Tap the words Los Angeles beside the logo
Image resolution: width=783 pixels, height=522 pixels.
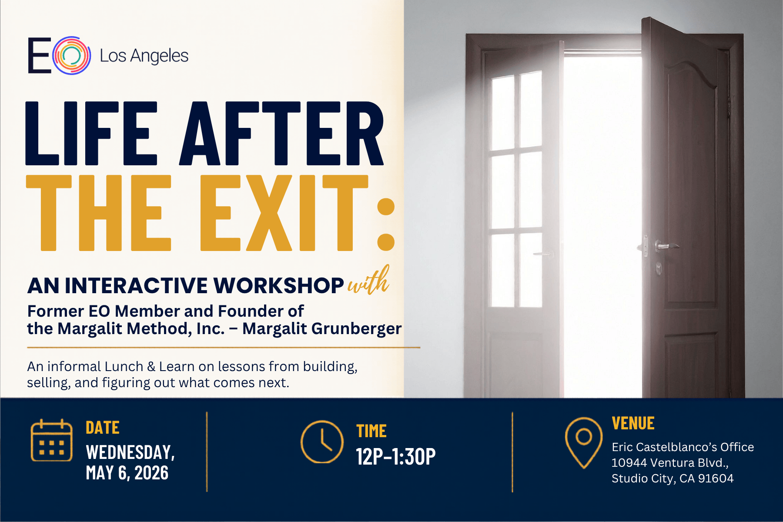144,56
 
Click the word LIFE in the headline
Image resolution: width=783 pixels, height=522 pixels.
91,133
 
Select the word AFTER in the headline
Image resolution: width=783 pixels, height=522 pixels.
282,133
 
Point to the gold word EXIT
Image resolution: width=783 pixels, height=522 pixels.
284,213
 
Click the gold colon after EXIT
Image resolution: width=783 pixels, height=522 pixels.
386,224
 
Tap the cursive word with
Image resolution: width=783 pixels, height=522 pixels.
368,281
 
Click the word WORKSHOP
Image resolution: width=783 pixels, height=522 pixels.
278,286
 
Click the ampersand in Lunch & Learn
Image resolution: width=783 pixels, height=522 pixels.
151,367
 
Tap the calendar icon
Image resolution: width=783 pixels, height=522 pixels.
51,440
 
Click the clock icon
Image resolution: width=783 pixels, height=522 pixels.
322,442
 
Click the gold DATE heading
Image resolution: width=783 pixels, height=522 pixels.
103,428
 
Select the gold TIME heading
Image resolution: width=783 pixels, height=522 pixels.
371,431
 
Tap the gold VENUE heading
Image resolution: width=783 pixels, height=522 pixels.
633,423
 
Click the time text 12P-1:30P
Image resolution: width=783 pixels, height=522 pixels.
396,456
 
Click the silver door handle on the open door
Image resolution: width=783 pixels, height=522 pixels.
666,246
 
